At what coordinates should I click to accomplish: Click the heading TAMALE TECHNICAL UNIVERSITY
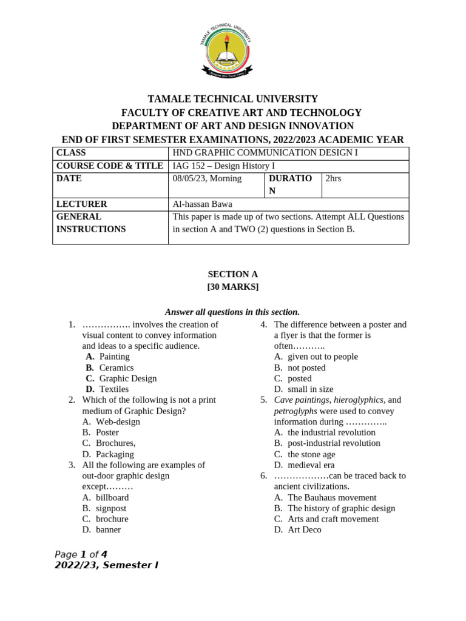coord(233,99)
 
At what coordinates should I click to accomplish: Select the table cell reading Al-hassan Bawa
coord(203,204)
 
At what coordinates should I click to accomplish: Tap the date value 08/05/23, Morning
coord(207,178)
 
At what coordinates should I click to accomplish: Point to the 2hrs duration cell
coord(334,178)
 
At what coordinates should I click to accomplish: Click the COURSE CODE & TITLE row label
coord(110,166)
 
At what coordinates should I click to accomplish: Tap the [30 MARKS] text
coord(233,287)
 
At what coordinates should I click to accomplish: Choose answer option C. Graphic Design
coord(121,378)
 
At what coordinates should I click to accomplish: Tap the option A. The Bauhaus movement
coord(325,497)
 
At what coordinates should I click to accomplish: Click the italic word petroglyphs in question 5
coord(295,411)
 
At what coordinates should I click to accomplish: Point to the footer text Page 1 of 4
coord(81,554)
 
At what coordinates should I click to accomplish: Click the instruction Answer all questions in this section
coord(233,312)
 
